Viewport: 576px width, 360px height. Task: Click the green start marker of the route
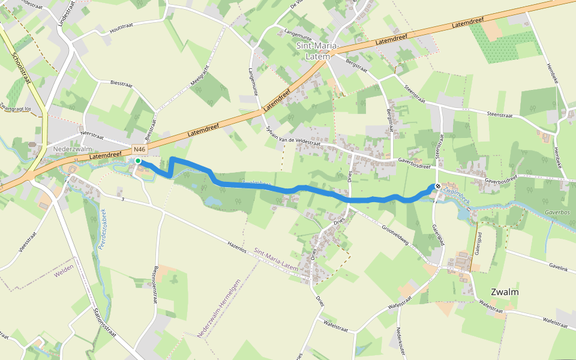pyautogui.click(x=137, y=161)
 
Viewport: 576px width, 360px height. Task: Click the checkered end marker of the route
pyautogui.click(x=438, y=187)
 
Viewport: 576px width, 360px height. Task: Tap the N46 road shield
pyautogui.click(x=139, y=149)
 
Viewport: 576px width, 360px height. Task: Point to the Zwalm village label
pyautogui.click(x=505, y=292)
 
